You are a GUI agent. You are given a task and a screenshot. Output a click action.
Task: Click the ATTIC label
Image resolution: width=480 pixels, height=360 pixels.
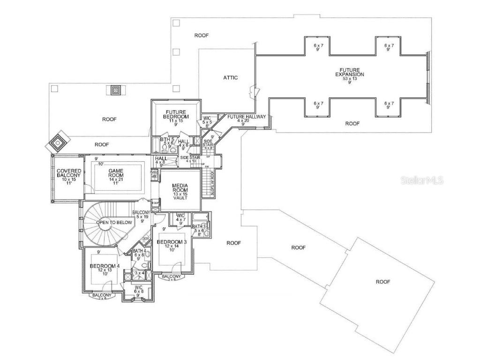pos(230,77)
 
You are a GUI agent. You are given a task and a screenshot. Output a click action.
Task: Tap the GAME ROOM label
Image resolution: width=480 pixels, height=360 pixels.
pos(116,172)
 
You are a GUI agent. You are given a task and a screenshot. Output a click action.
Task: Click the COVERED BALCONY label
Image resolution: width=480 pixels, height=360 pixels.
pos(69,173)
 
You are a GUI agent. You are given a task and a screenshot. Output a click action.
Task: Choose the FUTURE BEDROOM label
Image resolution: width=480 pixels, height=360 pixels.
pos(176,113)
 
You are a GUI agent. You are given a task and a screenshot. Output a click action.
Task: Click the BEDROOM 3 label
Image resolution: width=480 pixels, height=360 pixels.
pos(172,242)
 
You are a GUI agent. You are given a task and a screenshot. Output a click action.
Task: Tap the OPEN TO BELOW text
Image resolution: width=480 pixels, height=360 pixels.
pos(114,222)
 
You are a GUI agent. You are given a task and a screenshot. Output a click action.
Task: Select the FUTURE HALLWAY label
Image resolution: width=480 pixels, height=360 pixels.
pos(247,116)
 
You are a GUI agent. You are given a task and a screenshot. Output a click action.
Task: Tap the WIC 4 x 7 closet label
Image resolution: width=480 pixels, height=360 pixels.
pos(180,217)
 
